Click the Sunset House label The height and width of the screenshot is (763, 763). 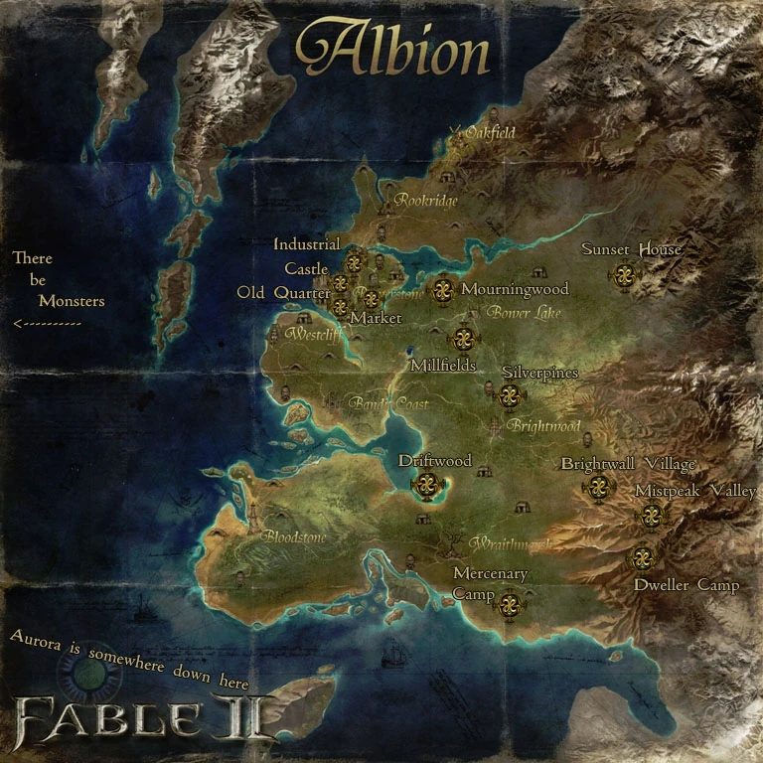632,249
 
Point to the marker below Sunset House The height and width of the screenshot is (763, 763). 624,275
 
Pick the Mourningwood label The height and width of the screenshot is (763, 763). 515,289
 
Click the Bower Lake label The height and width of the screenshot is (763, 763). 524,312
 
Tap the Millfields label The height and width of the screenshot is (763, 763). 443,366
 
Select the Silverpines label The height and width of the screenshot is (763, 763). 539,372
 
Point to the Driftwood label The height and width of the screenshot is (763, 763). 434,461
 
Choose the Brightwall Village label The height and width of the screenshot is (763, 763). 628,464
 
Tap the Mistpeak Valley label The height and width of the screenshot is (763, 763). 695,491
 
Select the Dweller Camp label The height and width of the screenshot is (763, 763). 687,585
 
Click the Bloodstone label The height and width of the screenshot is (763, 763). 293,537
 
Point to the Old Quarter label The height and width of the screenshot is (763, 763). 283,292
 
